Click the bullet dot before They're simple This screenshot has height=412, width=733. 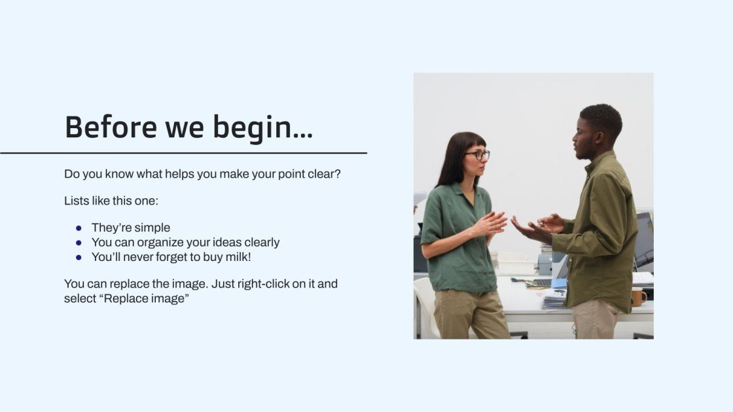tap(79, 228)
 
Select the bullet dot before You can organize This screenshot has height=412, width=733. tap(79, 243)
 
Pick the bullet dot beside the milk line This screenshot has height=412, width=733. tap(79, 257)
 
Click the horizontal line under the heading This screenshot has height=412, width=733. tap(183, 153)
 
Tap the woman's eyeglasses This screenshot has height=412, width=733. tap(477, 155)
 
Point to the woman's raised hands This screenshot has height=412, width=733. tap(490, 224)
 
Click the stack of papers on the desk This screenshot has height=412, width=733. tap(554, 299)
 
